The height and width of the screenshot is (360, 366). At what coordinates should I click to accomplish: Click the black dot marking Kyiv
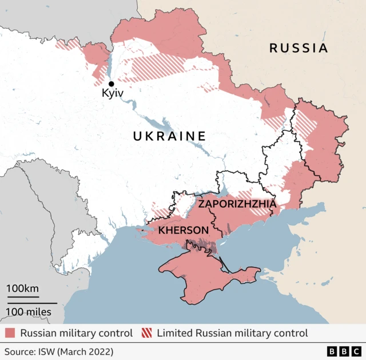click(111, 84)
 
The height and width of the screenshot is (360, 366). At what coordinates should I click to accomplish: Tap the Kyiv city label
click(113, 94)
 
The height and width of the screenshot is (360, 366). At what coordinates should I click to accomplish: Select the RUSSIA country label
click(299, 48)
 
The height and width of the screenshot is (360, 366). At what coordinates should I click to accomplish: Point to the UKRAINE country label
click(169, 136)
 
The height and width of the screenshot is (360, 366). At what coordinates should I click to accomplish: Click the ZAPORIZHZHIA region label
click(237, 204)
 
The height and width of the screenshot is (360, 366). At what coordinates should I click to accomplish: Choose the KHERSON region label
click(183, 230)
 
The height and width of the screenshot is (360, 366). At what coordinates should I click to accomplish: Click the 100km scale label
click(23, 288)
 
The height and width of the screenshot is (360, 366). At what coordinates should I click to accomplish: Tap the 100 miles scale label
click(29, 312)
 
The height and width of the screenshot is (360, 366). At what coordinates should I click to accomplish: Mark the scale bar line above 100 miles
click(32, 303)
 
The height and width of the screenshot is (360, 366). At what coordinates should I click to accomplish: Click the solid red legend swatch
click(10, 333)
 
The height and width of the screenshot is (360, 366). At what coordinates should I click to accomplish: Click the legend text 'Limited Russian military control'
click(232, 333)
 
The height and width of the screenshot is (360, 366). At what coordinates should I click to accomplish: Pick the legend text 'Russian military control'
click(76, 333)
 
